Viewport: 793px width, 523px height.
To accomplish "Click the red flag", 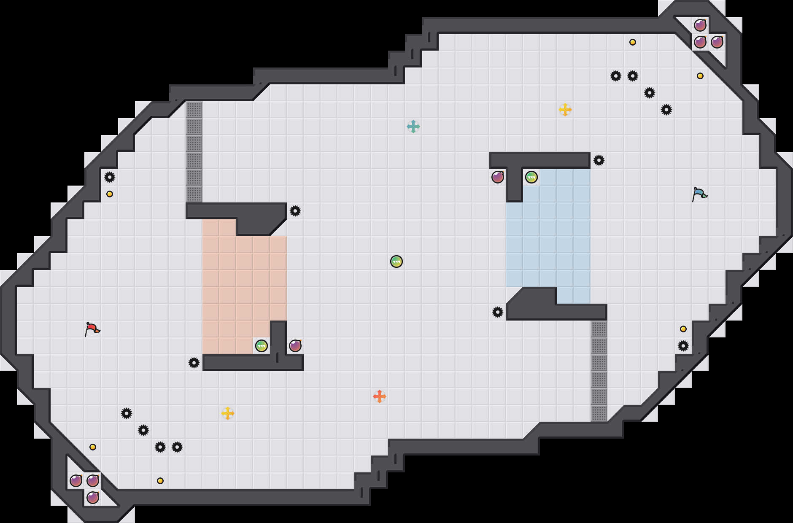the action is (92, 329).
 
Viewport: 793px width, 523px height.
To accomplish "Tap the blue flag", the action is (699, 194).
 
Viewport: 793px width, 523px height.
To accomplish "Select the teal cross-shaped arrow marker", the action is (413, 127).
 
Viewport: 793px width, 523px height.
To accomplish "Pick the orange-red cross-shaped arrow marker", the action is (380, 396).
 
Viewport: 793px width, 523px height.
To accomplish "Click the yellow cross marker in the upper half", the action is (565, 110).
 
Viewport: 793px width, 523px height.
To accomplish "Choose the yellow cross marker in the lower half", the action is (228, 413).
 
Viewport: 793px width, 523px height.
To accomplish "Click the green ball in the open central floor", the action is (396, 261).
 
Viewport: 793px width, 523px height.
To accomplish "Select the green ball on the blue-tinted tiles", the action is (531, 177).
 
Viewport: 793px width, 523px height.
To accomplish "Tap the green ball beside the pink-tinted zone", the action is (262, 346).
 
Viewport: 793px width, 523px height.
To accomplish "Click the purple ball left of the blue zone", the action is (498, 177).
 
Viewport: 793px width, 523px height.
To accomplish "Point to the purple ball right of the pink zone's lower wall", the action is (295, 346).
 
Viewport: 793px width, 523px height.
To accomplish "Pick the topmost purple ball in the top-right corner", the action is (700, 25).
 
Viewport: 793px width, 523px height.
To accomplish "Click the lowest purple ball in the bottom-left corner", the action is (93, 498).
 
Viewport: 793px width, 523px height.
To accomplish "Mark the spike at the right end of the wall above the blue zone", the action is (599, 160).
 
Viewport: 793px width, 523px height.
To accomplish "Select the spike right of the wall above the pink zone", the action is (295, 211).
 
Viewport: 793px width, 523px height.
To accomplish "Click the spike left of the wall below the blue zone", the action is (498, 312).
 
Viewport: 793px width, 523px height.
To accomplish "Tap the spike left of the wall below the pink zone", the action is (194, 363).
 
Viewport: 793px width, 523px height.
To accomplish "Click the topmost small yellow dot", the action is (633, 42).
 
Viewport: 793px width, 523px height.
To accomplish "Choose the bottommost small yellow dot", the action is (160, 481).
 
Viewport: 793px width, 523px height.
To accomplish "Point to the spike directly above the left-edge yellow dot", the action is (110, 177).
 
